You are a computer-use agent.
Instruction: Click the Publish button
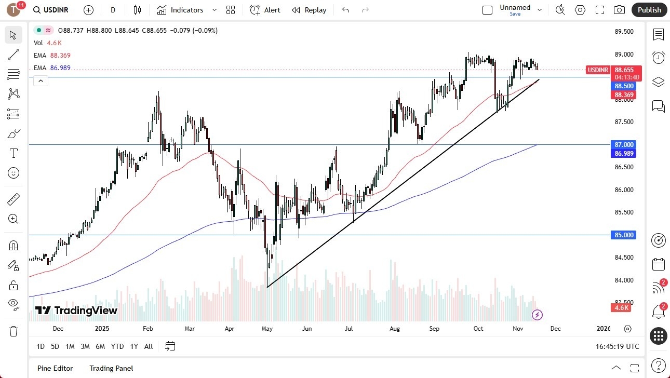click(649, 10)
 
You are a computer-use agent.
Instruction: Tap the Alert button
click(265, 10)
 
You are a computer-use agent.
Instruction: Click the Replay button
click(309, 10)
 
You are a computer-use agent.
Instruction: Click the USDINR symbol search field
click(51, 10)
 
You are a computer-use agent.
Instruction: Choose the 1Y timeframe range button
click(134, 346)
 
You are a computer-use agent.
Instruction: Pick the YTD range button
click(117, 346)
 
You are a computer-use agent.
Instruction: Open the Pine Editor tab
click(55, 368)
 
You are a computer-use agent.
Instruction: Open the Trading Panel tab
click(111, 368)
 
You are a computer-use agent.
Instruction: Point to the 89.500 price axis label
click(624, 32)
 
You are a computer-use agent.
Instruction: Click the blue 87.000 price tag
click(624, 144)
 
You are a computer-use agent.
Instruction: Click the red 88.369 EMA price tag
click(624, 95)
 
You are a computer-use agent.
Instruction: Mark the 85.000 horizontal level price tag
click(624, 235)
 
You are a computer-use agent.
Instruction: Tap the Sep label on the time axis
click(434, 329)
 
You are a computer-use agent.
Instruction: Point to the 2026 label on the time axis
click(604, 329)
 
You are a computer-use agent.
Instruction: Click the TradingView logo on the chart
click(76, 310)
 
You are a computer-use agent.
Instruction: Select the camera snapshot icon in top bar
click(619, 10)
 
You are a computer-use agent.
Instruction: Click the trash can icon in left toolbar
click(14, 331)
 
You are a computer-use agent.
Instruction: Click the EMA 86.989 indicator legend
click(52, 68)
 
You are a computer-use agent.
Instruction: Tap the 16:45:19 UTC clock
click(618, 346)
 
